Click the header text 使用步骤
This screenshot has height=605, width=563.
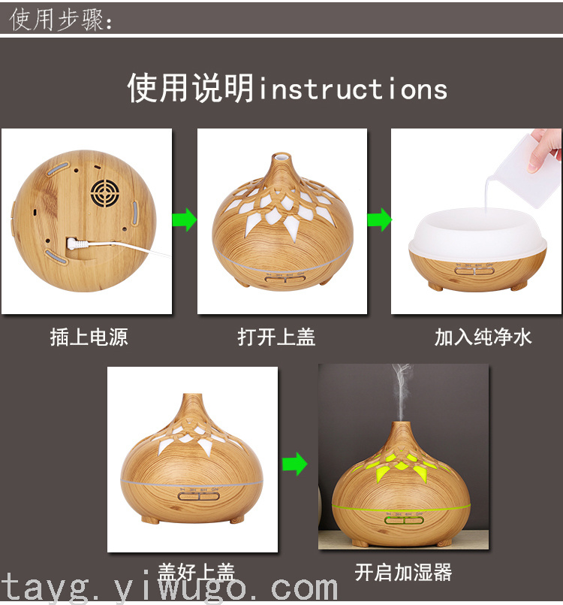[57, 20]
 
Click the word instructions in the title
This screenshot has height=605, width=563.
[353, 89]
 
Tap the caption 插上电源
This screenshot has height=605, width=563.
[89, 337]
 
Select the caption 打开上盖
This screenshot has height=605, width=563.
[276, 337]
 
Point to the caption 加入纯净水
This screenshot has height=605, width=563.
[483, 337]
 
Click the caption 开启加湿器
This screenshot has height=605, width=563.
[403, 572]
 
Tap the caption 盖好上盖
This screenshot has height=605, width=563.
[196, 572]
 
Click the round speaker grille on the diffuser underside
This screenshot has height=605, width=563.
[105, 193]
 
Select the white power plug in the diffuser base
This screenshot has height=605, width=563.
[77, 244]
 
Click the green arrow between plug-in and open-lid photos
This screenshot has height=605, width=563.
[185, 219]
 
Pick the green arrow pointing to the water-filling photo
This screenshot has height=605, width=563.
[379, 219]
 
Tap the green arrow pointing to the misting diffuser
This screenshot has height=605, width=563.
[295, 464]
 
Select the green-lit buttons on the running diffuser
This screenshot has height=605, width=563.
[405, 521]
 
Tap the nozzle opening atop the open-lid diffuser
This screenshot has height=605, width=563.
[281, 156]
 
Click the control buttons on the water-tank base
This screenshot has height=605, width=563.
[474, 271]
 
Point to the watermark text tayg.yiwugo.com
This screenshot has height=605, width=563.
[170, 588]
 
